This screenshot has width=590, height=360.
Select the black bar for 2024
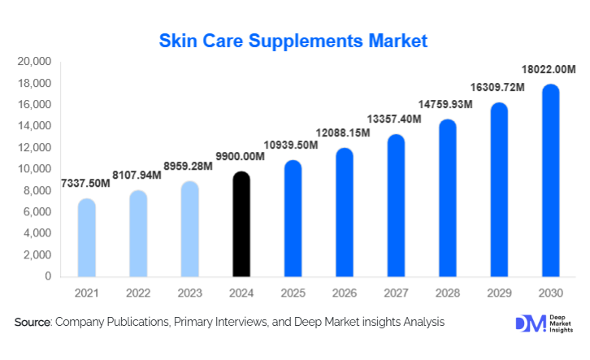pos(241,225)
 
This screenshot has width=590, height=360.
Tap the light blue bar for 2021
pos(87,238)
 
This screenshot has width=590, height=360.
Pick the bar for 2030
pos(549,180)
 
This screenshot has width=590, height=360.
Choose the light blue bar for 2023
pos(190,229)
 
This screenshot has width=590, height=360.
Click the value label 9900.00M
pos(241,156)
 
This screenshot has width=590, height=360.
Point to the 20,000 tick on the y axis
pos(34,62)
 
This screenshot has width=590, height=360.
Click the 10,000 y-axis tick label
pos(34,169)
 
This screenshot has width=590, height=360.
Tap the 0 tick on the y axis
pos(48,276)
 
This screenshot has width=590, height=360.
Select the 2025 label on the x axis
pos(293,291)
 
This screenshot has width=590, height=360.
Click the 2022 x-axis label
pos(138,291)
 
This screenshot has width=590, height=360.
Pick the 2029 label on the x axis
pos(498,291)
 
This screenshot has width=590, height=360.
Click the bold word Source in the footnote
pos(33,323)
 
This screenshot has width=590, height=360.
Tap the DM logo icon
pos(526,323)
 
